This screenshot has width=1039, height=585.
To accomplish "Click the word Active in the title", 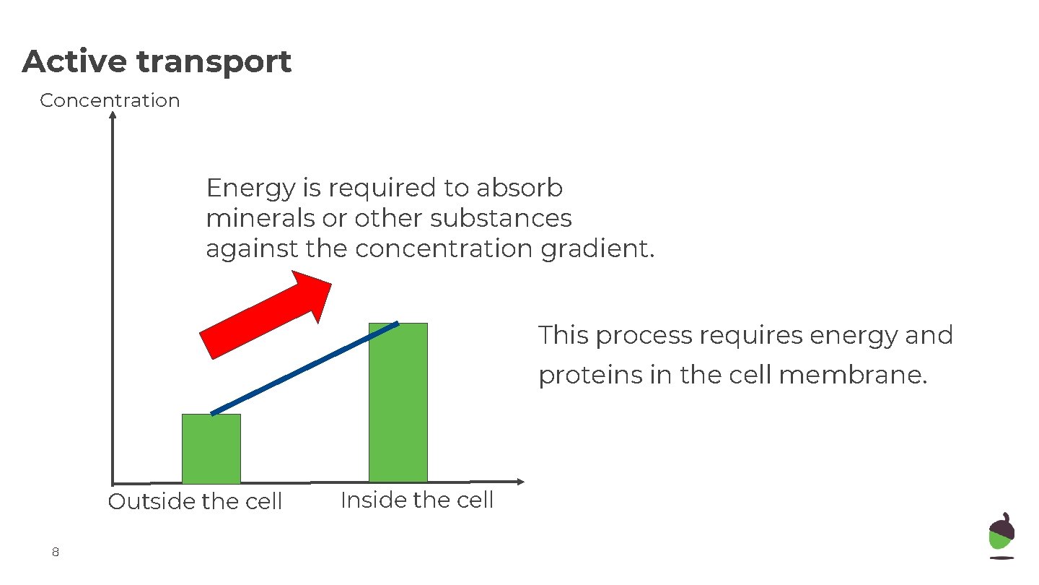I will tap(74, 61).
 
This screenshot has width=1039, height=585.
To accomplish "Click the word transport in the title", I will tap(214, 63).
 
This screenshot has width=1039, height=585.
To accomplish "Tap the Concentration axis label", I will tap(110, 100).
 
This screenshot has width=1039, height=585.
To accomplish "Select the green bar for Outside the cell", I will tap(211, 448).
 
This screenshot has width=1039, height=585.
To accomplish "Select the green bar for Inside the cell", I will tap(398, 402).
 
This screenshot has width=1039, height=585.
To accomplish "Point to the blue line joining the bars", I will tap(304, 368).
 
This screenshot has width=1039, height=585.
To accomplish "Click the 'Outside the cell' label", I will tap(195, 501).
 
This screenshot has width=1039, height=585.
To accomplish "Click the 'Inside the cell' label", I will tap(416, 500).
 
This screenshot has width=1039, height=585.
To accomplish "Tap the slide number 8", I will tap(55, 552).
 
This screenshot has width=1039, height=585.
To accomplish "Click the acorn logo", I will tap(1001, 535).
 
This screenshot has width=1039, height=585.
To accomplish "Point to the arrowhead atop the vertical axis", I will tap(113, 115).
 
